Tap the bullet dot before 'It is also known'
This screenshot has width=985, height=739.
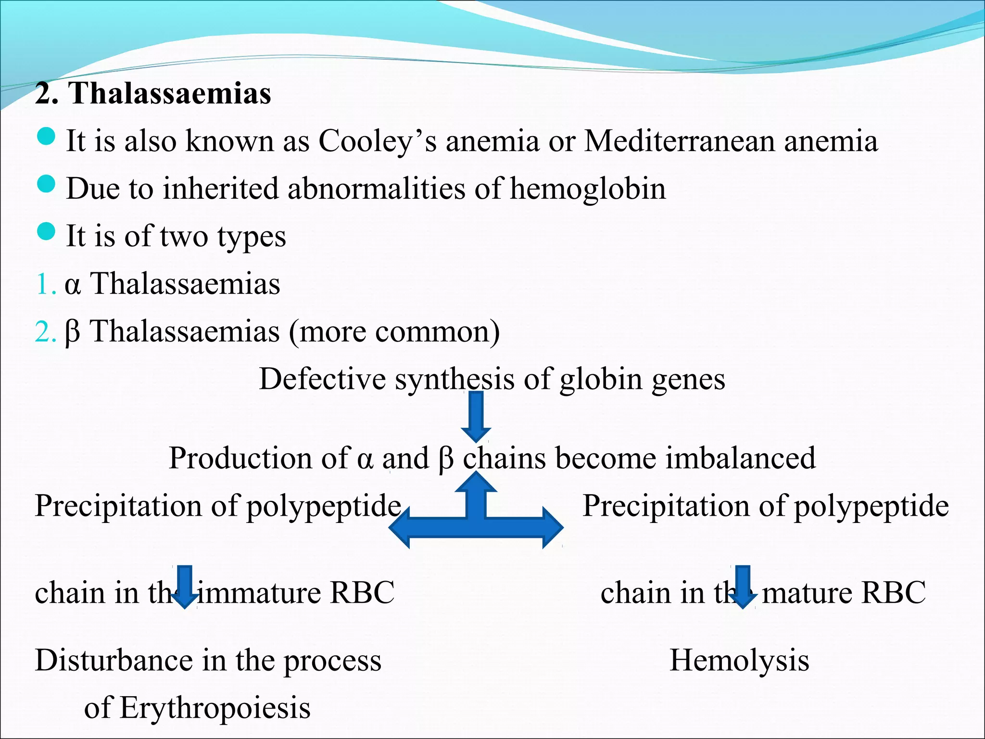(46, 137)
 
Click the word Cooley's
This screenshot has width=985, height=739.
(378, 141)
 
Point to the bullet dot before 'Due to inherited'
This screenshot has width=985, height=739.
(46, 184)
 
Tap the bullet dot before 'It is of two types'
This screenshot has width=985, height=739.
(46, 231)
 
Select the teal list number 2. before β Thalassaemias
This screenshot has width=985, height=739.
(45, 332)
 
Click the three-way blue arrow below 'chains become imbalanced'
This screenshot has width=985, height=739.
(476, 520)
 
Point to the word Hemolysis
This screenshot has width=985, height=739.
(739, 660)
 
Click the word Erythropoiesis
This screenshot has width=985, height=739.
(215, 708)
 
